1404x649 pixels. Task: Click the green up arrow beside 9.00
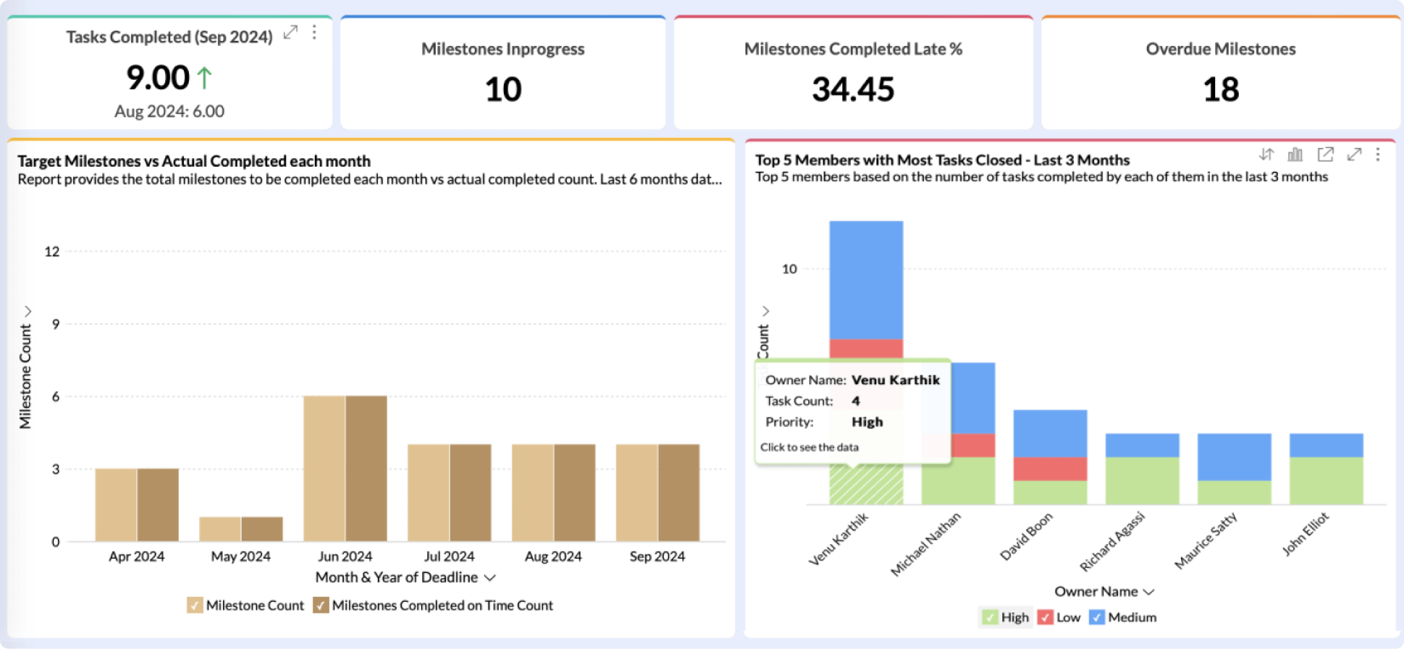point(204,78)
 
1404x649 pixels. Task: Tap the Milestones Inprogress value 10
point(503,90)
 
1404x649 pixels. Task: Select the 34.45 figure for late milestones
point(853,90)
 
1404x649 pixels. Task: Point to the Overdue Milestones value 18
point(1221,90)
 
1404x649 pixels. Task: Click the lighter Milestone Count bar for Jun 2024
point(324,468)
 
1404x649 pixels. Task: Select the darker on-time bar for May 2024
point(262,529)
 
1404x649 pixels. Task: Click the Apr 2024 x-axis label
point(137,557)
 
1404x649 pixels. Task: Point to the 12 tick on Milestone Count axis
point(52,252)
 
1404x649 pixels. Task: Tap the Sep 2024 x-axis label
point(657,557)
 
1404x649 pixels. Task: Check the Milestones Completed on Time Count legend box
point(321,605)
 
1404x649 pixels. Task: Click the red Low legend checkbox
point(1045,617)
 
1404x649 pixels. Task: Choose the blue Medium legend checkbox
point(1097,617)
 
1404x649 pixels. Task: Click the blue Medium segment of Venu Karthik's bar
point(866,280)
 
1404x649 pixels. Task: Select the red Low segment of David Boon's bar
point(1050,469)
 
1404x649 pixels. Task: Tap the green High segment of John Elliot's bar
point(1326,481)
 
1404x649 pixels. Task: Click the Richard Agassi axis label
point(1112,541)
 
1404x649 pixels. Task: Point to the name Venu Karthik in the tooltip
point(896,380)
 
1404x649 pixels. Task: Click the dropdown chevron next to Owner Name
point(1149,592)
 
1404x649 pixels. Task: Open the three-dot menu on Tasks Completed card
point(314,33)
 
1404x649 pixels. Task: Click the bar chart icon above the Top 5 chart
point(1295,154)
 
